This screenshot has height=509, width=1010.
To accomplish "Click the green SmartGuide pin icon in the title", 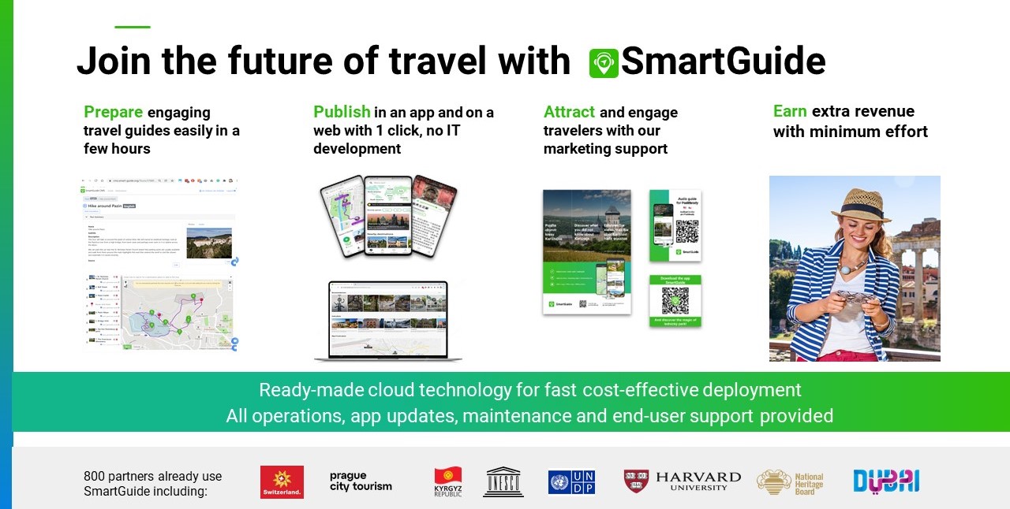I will pos(604,63).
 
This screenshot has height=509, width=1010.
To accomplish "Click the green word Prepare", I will pos(113,112).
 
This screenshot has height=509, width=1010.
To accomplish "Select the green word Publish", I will pos(342,112).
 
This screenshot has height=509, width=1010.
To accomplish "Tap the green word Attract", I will pos(569,112).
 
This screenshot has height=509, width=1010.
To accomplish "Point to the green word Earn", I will pos(790,111).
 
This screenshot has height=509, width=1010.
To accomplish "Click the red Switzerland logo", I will pos(282,481).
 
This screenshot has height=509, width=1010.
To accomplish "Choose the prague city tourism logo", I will pos(361,481).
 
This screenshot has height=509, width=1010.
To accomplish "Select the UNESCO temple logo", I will pos(503,481).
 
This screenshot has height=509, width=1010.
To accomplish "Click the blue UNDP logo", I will pos(571,481).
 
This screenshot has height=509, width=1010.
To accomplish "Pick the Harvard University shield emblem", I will pos(636,481).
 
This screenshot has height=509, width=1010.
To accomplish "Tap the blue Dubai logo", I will pos(886,481).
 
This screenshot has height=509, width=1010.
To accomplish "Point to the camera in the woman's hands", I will pos(856,299).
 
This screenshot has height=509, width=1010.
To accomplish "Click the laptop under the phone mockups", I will pos(388,321).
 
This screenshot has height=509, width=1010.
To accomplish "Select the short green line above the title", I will pos(132,27).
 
